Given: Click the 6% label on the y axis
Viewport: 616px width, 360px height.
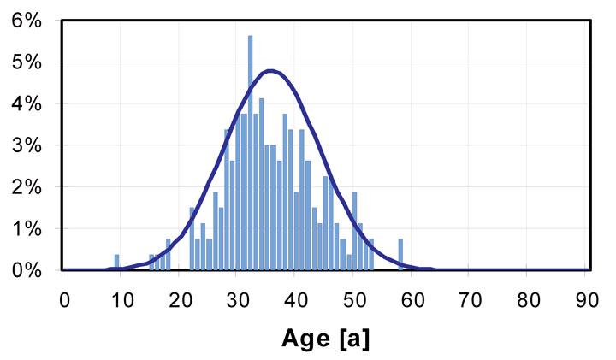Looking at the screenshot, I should [x=27, y=21].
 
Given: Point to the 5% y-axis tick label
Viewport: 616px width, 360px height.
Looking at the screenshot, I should [x=27, y=62].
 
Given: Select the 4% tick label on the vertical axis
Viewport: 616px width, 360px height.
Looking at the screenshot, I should [x=27, y=104].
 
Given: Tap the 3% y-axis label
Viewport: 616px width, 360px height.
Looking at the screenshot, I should [x=27, y=145].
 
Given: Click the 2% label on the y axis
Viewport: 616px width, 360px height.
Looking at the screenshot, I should [x=27, y=187].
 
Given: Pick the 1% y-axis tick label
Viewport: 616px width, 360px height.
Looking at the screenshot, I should [x=27, y=229].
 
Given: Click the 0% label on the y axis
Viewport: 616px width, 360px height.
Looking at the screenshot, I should [x=27, y=270].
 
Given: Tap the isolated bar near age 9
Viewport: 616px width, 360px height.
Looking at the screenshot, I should [x=116, y=263].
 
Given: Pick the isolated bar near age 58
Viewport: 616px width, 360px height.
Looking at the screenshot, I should [x=400, y=255].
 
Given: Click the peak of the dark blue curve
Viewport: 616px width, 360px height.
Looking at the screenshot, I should [x=270, y=71].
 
